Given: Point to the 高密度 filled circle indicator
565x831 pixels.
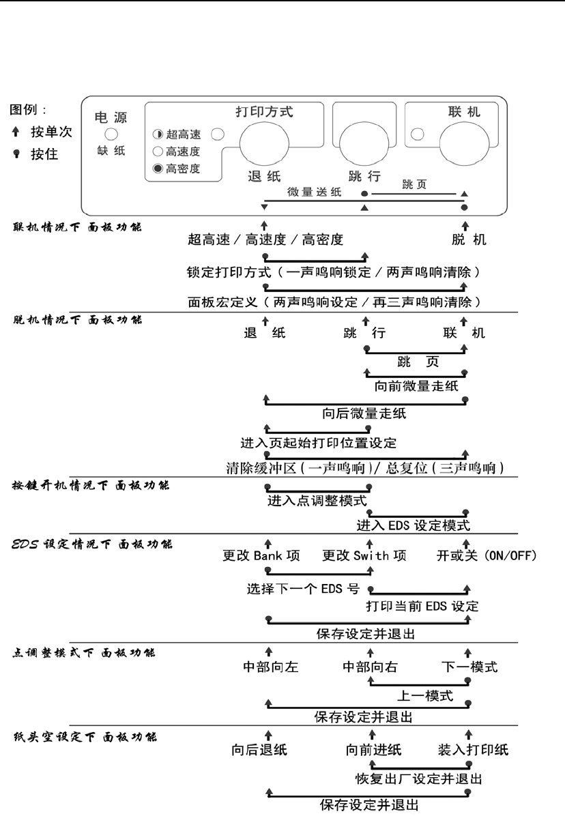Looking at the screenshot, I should click(x=156, y=169).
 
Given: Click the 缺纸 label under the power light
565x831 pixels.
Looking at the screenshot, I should click(x=111, y=151).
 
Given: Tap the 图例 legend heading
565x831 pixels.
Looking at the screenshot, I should click(x=28, y=109).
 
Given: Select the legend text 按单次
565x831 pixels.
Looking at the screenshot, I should click(x=50, y=132).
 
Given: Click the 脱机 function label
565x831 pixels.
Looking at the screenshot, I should click(x=467, y=239).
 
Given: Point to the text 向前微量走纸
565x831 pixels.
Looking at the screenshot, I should click(x=416, y=386).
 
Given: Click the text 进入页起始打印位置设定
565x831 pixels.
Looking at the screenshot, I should click(x=319, y=443).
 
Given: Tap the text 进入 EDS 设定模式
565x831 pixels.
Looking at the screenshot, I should click(x=414, y=526).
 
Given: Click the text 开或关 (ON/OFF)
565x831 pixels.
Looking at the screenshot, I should click(x=487, y=555).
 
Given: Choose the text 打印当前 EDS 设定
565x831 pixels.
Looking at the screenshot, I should click(x=422, y=606).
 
